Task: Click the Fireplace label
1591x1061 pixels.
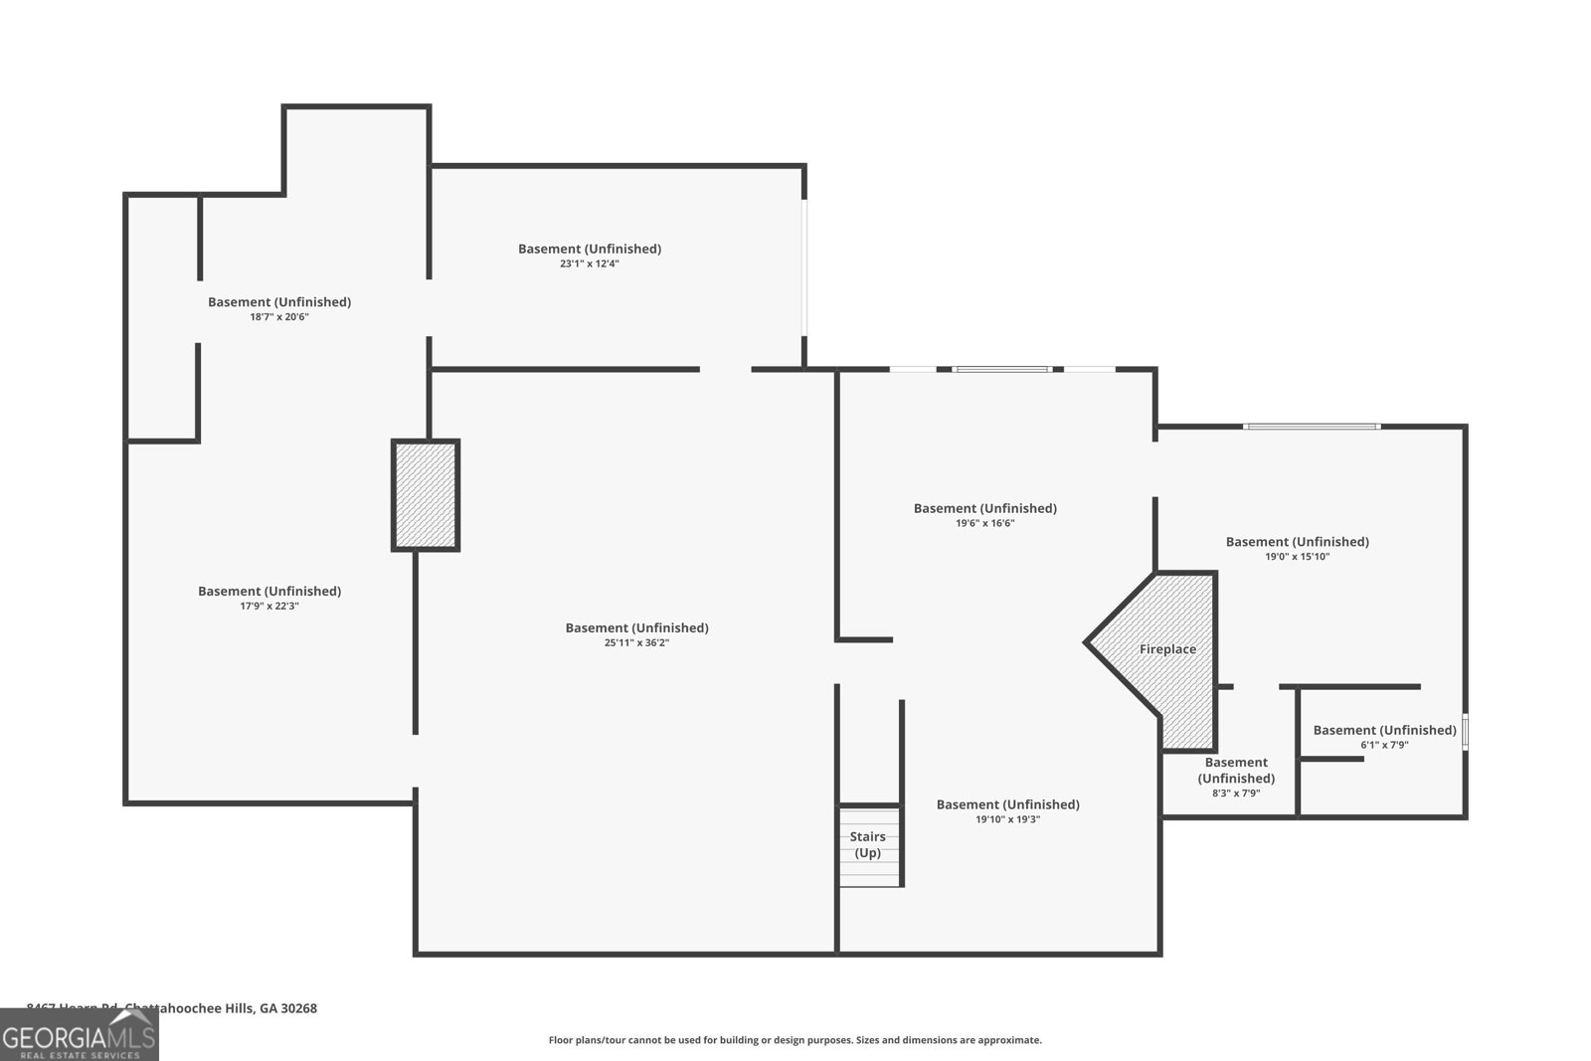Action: pyautogui.click(x=1167, y=649)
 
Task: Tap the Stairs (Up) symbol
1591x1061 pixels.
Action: pyautogui.click(x=869, y=845)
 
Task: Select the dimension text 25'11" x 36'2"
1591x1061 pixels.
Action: pyautogui.click(x=636, y=643)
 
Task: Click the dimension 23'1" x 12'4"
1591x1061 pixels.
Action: pyautogui.click(x=590, y=264)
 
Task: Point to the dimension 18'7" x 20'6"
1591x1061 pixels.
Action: pyautogui.click(x=278, y=317)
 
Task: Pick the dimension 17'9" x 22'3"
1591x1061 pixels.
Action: pyautogui.click(x=269, y=606)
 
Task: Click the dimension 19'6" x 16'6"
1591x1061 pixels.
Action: pyautogui.click(x=984, y=523)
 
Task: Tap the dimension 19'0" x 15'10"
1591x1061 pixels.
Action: pyautogui.click(x=1297, y=557)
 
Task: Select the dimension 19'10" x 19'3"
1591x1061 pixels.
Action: pyautogui.click(x=1007, y=819)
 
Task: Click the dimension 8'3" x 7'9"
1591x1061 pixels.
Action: pyautogui.click(x=1236, y=794)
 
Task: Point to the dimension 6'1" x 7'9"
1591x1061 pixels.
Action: pyautogui.click(x=1384, y=745)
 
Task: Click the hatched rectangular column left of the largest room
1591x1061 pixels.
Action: pyautogui.click(x=426, y=495)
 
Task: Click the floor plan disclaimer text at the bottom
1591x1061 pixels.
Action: pyautogui.click(x=795, y=1040)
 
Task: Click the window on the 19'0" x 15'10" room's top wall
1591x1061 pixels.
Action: pyautogui.click(x=1311, y=427)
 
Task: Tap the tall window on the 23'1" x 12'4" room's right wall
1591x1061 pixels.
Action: pyautogui.click(x=804, y=266)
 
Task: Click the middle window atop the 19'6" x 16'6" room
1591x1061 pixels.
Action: pyautogui.click(x=1000, y=369)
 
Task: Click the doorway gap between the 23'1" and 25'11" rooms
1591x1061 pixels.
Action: pyautogui.click(x=725, y=369)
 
